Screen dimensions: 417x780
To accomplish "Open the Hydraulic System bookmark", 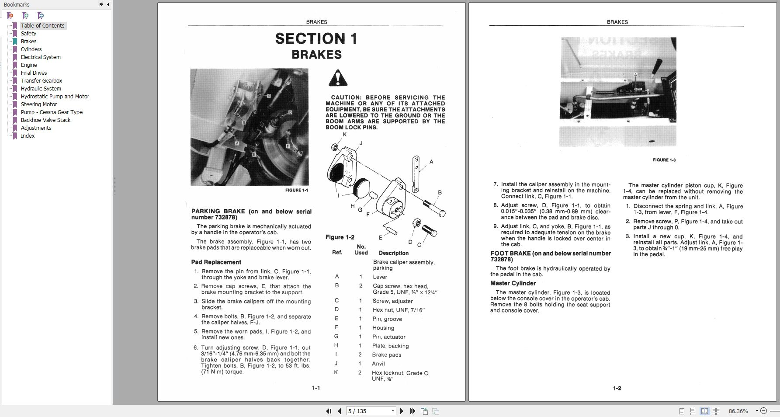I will [41, 88].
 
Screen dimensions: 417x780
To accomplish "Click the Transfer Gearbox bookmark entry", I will [41, 80].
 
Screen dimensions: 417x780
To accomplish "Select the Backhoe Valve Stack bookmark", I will [45, 120].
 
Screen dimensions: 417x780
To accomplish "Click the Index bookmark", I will [28, 136].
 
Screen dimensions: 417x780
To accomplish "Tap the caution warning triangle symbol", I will [338, 78].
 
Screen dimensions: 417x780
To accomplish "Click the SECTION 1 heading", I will [316, 39].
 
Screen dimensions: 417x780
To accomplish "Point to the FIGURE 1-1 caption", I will [296, 190].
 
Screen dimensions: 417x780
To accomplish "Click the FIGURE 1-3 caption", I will [664, 160].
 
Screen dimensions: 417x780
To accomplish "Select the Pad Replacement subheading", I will [216, 262].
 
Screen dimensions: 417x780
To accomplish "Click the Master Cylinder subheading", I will [513, 283].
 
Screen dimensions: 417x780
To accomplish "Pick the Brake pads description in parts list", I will [386, 354].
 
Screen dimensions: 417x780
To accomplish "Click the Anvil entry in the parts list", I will [378, 364].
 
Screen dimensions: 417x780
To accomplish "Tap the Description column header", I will [393, 253].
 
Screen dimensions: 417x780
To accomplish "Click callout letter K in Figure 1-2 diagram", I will [344, 135].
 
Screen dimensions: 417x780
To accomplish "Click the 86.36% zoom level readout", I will [738, 411].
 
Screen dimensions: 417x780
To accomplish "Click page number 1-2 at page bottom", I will [617, 388].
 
